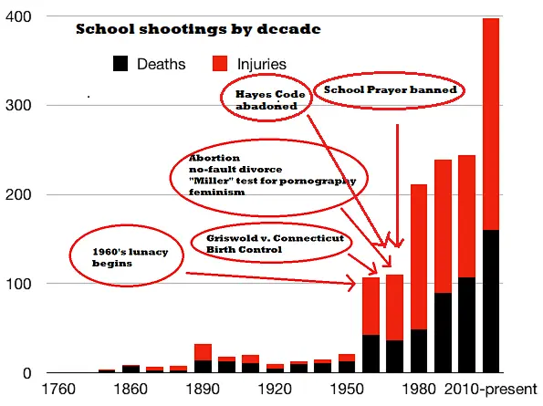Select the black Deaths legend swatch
pyautogui.click(x=120, y=63)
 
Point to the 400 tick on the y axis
pyautogui.click(x=18, y=17)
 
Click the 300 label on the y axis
pyautogui.click(x=18, y=106)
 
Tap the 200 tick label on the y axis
pyautogui.click(x=18, y=195)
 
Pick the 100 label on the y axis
pyautogui.click(x=18, y=284)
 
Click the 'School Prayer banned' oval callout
pyautogui.click(x=390, y=91)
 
